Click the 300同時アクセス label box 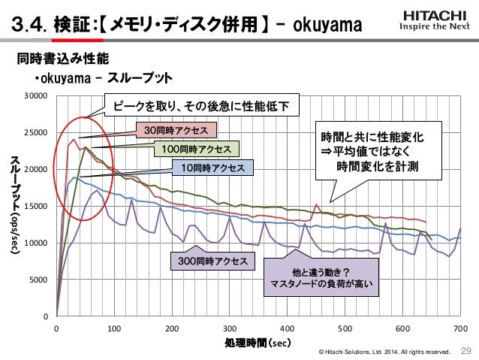tap(212, 261)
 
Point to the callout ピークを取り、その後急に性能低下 tap(200, 106)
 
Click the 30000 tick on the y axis tap(36, 96)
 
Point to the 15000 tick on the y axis tap(36, 206)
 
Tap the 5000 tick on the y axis tap(38, 280)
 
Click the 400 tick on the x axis tap(288, 328)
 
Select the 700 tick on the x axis tap(461, 328)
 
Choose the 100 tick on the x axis tap(114, 328)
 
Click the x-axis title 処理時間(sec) tap(258, 343)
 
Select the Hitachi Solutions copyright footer tap(384, 352)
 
